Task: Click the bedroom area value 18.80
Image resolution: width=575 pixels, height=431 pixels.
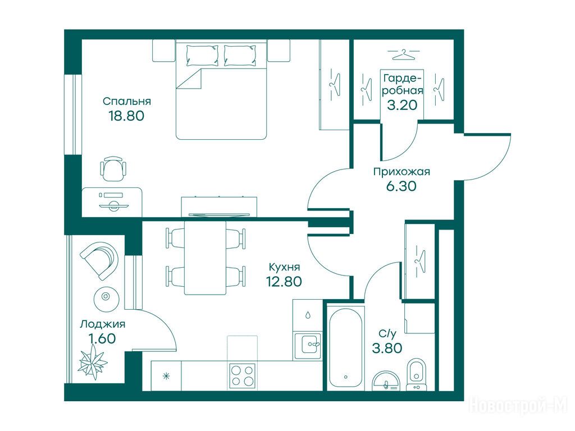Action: pos(126,116)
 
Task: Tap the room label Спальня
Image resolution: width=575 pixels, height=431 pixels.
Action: pos(127,101)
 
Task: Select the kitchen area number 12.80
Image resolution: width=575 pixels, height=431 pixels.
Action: pos(284,282)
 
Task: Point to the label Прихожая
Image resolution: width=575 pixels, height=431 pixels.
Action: pos(401,172)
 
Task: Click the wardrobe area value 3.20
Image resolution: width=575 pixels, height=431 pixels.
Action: pos(402,105)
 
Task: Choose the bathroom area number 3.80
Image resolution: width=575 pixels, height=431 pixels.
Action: pos(387,348)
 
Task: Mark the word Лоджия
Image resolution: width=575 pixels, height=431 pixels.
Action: pos(103,324)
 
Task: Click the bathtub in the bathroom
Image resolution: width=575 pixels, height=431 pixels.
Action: pos(345,348)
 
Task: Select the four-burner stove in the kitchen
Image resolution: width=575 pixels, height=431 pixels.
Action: pos(242,376)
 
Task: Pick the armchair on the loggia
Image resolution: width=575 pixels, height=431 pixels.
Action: pos(100,260)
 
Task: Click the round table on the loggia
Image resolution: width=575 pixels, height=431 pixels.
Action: pos(106,296)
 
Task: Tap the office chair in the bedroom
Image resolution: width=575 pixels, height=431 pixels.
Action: pos(113,168)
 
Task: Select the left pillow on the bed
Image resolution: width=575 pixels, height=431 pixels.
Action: pos(202,56)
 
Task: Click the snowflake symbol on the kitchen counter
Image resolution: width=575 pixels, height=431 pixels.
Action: pos(166,376)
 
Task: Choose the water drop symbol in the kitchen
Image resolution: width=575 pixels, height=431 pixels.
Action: pos(308,315)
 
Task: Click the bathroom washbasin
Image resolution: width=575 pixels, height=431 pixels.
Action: pos(386,382)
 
